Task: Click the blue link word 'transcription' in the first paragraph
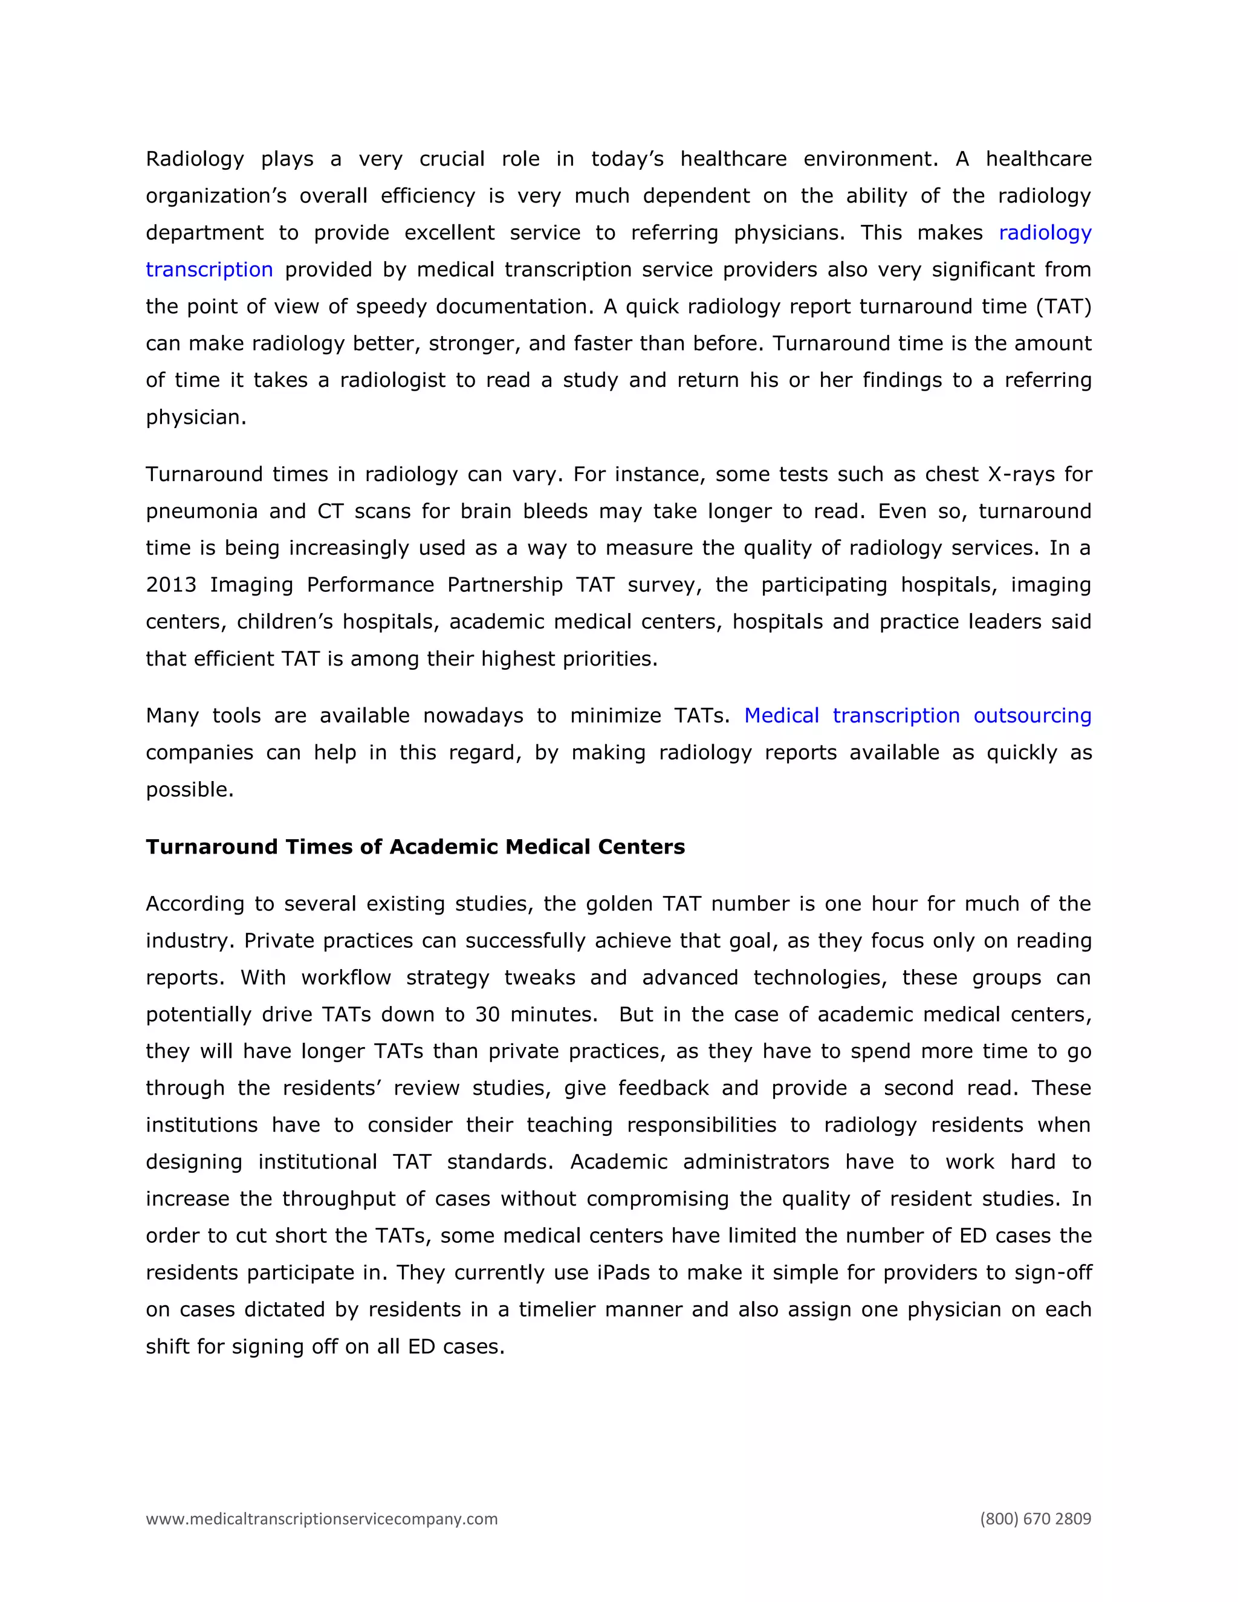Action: tap(209, 270)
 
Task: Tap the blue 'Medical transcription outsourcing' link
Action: tap(918, 715)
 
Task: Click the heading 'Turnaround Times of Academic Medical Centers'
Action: tap(415, 846)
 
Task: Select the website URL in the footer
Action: tap(321, 1519)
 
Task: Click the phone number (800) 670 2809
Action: tap(1035, 1519)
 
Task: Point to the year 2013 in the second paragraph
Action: tap(171, 585)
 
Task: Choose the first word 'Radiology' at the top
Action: tap(195, 159)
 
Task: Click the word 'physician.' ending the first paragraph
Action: tap(196, 417)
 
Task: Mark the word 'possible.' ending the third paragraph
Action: tap(189, 790)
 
